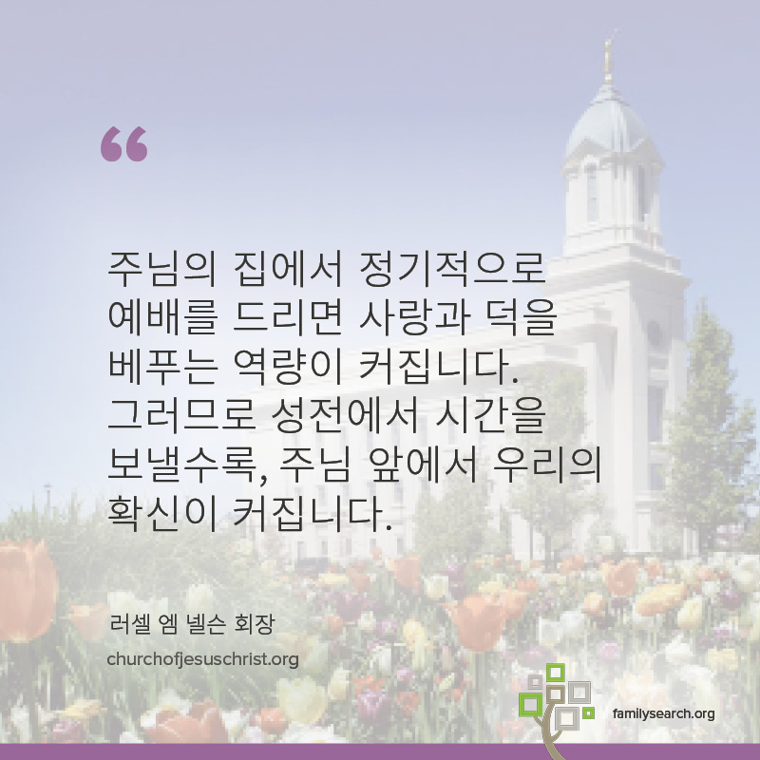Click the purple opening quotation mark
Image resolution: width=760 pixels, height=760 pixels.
[x=124, y=144]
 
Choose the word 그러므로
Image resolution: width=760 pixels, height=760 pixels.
[x=180, y=415]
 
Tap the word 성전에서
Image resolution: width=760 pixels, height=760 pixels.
[x=344, y=415]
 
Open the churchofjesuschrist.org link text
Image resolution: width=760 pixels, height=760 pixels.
[x=202, y=659]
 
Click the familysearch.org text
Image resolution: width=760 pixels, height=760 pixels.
[x=663, y=714]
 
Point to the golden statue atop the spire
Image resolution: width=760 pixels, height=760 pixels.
[x=609, y=57]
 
